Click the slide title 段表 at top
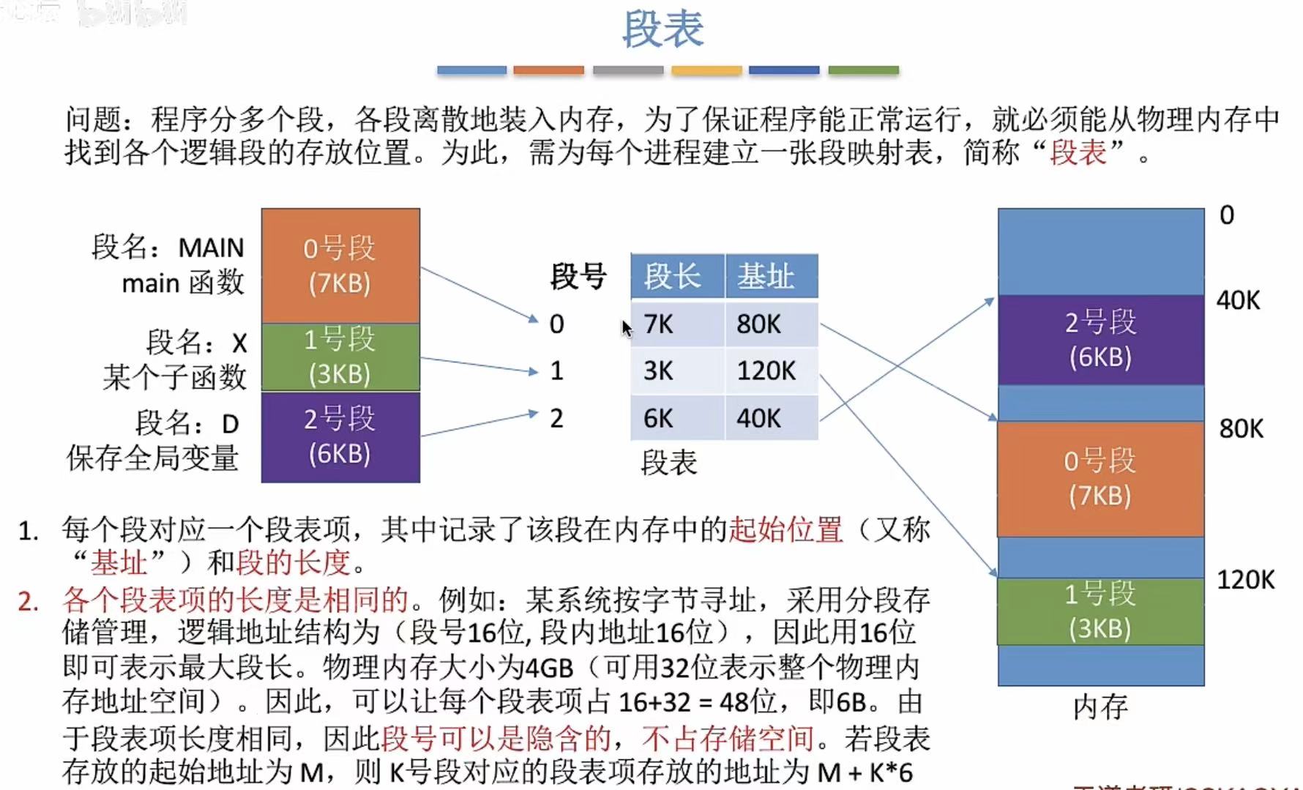point(662,29)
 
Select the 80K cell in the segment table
point(759,324)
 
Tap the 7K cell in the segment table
point(658,324)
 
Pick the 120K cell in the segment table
point(766,370)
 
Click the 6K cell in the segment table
point(658,418)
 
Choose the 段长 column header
point(673,277)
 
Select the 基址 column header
point(766,277)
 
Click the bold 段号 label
point(578,277)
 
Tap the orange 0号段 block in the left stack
point(340,265)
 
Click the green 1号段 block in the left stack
point(340,357)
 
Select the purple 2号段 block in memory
point(1100,339)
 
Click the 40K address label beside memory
point(1239,300)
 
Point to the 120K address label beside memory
point(1245,580)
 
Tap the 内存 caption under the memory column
point(1100,707)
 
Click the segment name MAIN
point(211,247)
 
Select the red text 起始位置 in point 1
point(785,529)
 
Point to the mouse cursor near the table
point(626,328)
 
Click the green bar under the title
point(863,70)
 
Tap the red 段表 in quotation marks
point(1078,152)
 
